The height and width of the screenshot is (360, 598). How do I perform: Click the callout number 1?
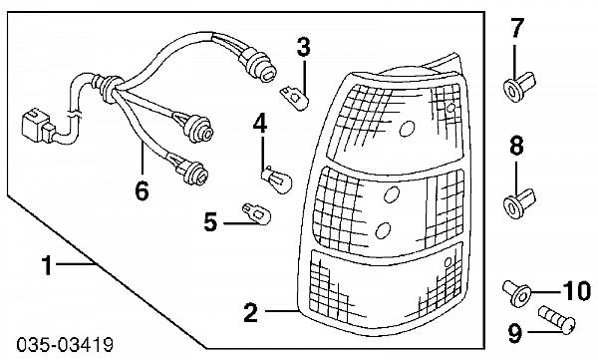tap(47, 265)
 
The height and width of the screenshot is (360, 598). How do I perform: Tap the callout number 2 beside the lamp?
tap(250, 312)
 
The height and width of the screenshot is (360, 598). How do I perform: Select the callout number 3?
tap(303, 47)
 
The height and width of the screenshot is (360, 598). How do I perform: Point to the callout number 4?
tap(260, 123)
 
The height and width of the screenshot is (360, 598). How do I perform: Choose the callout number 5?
tap(211, 221)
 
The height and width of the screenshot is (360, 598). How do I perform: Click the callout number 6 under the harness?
tap(142, 190)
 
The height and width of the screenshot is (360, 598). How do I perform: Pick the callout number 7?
tap(516, 28)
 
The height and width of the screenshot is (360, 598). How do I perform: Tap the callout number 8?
tap(516, 146)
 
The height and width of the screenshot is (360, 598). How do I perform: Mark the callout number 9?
tap(515, 333)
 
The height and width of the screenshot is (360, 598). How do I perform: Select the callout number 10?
tap(577, 291)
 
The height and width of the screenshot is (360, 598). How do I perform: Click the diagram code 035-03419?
tap(65, 345)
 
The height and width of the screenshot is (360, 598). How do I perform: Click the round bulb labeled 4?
tap(277, 180)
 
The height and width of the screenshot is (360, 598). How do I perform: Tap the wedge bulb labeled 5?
tap(257, 213)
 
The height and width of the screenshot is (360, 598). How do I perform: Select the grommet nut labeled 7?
tap(519, 87)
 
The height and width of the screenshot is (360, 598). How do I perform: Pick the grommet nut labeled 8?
tap(519, 203)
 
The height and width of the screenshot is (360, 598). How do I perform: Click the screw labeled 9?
tap(557, 321)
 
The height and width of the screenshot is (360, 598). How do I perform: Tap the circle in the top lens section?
tap(407, 129)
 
